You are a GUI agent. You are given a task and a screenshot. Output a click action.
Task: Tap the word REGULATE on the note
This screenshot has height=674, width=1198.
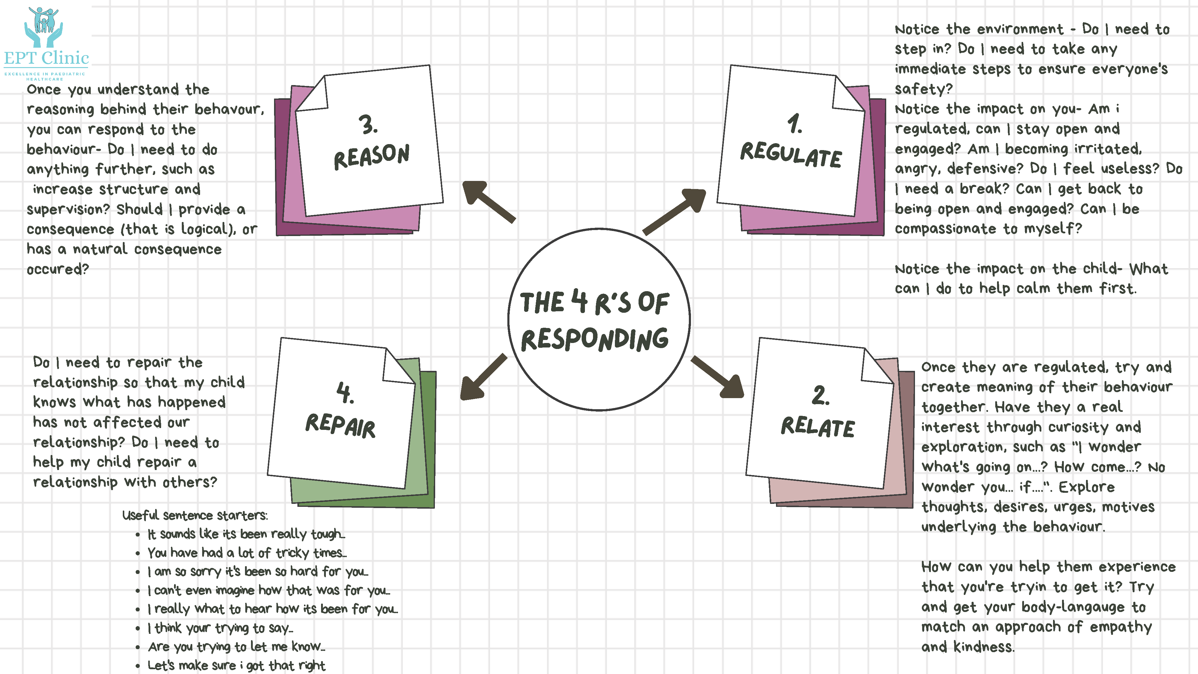[791, 155]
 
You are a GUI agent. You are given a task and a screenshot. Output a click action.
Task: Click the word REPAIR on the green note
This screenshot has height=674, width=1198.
[341, 425]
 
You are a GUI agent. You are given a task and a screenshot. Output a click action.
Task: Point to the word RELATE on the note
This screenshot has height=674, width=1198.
[818, 427]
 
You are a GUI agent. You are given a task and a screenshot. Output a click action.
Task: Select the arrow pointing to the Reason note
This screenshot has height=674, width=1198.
[488, 201]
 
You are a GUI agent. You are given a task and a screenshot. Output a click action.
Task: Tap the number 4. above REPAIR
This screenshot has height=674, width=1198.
[345, 393]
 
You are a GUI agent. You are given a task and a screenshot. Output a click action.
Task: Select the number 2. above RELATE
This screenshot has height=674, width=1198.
[820, 395]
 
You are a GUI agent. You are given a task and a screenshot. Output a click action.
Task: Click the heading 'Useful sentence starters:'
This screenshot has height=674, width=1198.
[195, 515]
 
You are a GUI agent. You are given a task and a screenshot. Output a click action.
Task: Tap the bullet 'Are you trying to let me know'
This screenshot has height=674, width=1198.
[236, 646]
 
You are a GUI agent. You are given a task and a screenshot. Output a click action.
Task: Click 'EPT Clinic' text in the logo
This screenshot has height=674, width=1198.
[46, 58]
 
